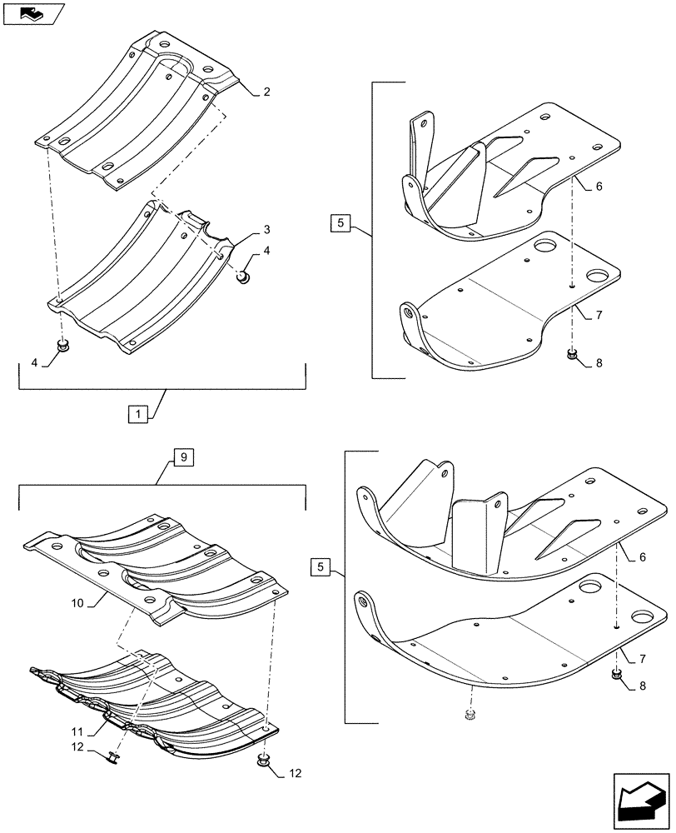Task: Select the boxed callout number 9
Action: pyautogui.click(x=182, y=456)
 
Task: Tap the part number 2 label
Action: pyautogui.click(x=266, y=92)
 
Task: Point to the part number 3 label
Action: pyautogui.click(x=266, y=229)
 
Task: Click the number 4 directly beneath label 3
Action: pyautogui.click(x=266, y=250)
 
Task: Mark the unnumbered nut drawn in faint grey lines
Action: pyautogui.click(x=465, y=714)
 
